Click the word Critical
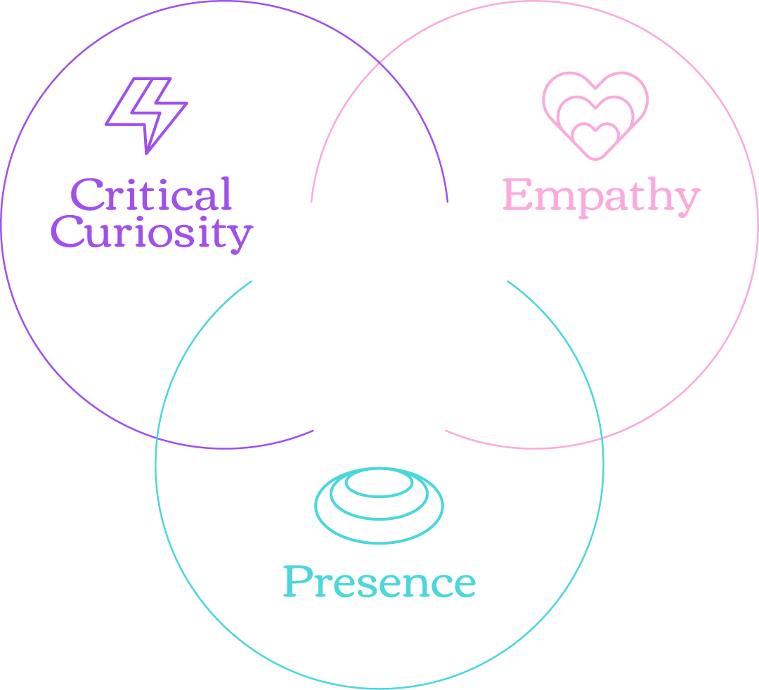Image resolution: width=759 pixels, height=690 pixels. click(x=151, y=195)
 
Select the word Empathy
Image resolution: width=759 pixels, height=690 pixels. click(x=601, y=196)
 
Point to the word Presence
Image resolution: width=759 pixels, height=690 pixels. click(x=379, y=582)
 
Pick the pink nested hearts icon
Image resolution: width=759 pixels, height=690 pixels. click(x=595, y=114)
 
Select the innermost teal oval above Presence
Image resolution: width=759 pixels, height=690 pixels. click(x=379, y=484)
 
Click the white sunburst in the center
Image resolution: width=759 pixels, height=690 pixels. click(x=379, y=315)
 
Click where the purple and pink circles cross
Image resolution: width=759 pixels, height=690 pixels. click(x=380, y=62)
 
